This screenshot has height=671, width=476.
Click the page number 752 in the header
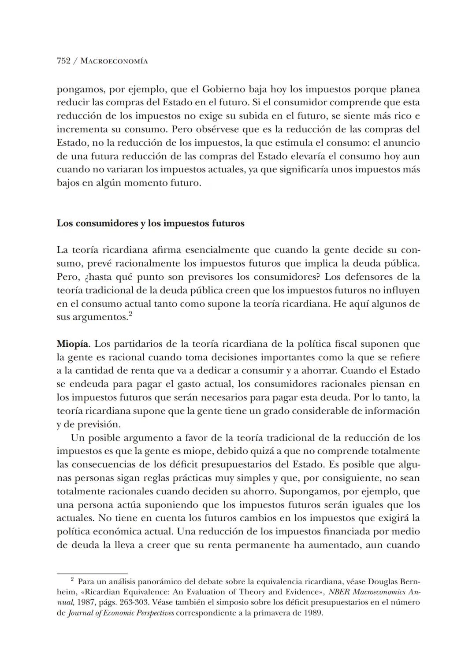point(63,61)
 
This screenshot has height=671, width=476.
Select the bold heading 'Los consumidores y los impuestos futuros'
point(150,223)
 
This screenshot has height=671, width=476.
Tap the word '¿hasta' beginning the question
point(89,277)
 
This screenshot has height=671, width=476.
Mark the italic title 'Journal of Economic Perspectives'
point(121,613)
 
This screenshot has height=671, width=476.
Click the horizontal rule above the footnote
point(92,574)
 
